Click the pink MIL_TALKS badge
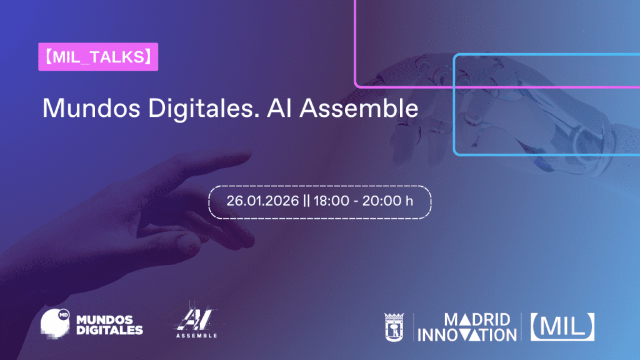98,57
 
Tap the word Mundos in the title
91,108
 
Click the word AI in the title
279,108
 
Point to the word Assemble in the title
359,108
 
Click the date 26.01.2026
262,201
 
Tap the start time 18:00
331,201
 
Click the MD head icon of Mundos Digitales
55,324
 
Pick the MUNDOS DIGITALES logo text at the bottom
109,325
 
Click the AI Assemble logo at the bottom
196,322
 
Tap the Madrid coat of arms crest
394,327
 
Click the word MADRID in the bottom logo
477,319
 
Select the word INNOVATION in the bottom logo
467,335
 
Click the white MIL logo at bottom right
562,327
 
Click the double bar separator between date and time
306,201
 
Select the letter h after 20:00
409,201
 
